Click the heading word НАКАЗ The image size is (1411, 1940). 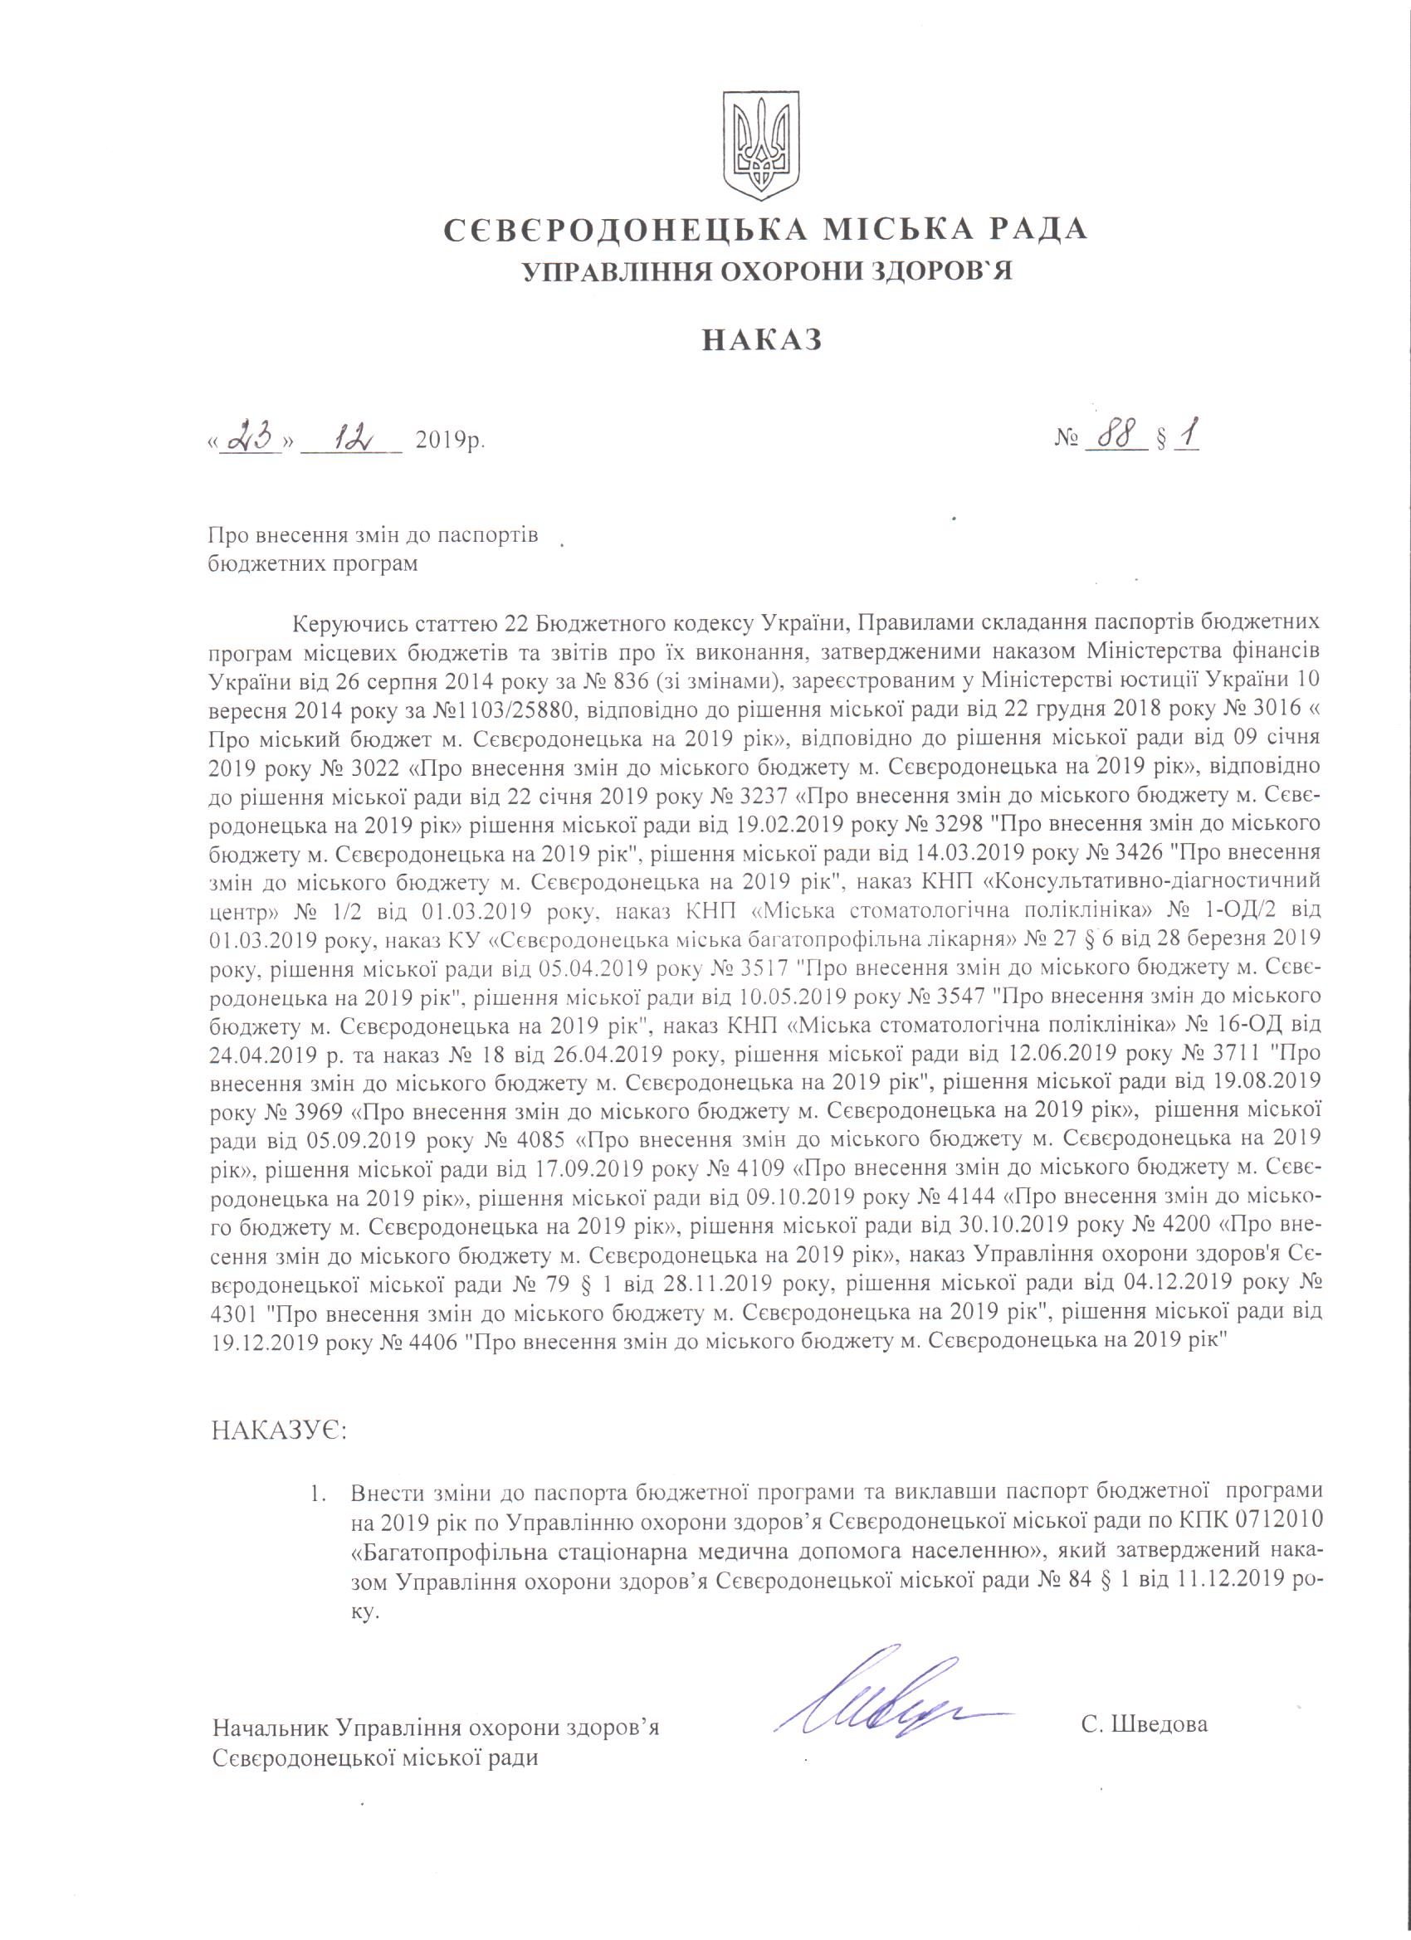pos(762,340)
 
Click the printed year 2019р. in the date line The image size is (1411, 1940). pos(450,442)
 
